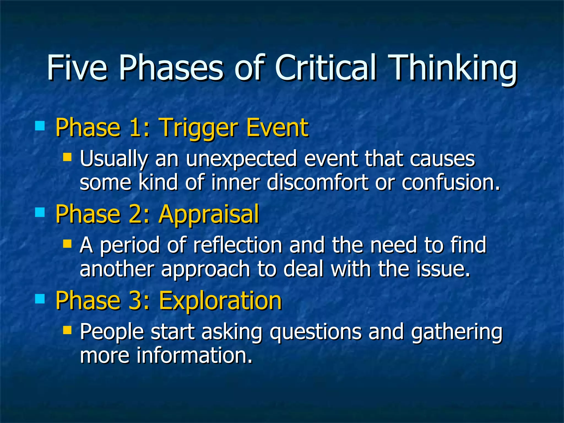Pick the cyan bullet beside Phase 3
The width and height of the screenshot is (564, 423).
40,299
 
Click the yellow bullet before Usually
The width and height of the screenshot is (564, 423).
67,157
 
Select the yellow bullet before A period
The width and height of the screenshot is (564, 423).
67,244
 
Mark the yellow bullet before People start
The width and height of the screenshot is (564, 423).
67,330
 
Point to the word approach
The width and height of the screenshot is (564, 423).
205,270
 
